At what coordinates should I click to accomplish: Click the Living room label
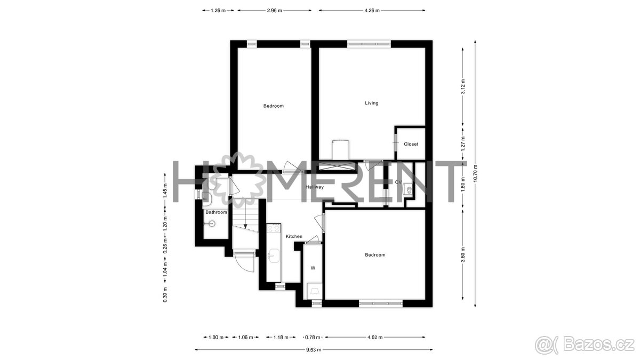[372, 103]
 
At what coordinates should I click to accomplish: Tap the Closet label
[411, 144]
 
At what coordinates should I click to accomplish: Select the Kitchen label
[294, 236]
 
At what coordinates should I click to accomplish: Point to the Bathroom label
[217, 212]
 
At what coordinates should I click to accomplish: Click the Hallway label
[315, 187]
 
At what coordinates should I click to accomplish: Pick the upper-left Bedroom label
[274, 106]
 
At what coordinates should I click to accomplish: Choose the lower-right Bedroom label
[375, 255]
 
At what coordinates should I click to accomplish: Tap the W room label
[313, 268]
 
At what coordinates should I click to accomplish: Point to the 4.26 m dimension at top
[372, 10]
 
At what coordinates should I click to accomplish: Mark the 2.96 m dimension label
[274, 10]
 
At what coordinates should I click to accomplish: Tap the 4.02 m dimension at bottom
[374, 337]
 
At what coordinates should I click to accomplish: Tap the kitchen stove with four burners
[274, 229]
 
